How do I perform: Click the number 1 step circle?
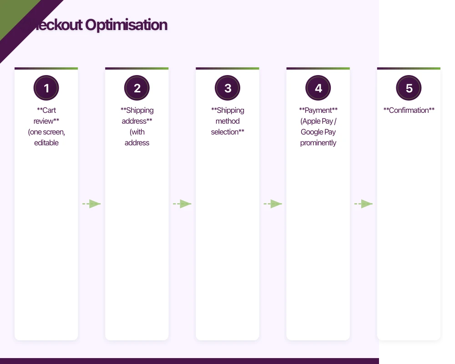[46, 88]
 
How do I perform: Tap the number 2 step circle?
[137, 88]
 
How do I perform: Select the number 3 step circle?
[227, 88]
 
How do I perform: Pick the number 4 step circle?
[318, 88]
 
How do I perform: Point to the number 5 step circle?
[409, 88]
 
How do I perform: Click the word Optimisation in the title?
[126, 25]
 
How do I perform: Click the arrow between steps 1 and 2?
[91, 204]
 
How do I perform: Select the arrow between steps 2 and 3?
[182, 204]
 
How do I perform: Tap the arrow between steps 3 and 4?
[273, 204]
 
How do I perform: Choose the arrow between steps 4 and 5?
[364, 204]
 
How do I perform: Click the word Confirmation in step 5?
[409, 110]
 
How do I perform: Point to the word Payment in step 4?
[318, 110]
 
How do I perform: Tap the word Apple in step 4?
[312, 121]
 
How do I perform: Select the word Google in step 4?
[312, 132]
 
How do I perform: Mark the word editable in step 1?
[46, 143]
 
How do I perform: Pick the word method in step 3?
[227, 121]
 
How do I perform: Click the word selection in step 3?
[225, 132]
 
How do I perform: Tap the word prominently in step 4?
[318, 143]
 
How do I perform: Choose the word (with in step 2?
[137, 132]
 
